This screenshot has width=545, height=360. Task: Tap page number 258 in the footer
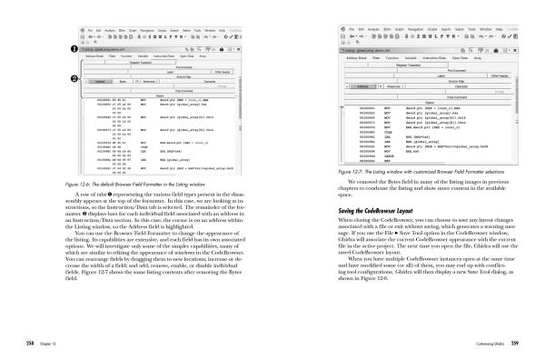pos(29,343)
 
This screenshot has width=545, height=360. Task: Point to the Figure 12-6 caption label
pos(91,185)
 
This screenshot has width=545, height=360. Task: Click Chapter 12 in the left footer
pos(53,343)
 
